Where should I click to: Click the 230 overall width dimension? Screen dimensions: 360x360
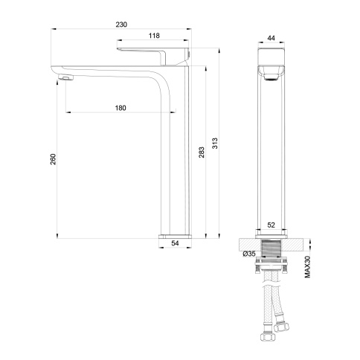[x=122, y=25]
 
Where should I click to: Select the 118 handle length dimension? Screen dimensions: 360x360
[x=155, y=36]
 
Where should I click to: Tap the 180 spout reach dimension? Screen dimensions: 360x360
[x=120, y=108]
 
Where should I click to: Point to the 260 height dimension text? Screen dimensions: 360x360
[x=52, y=161]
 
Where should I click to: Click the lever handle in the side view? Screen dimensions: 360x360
[x=153, y=52]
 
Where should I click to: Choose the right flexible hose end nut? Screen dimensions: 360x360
[x=283, y=325]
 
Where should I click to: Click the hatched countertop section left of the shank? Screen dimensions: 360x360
[x=248, y=243]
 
